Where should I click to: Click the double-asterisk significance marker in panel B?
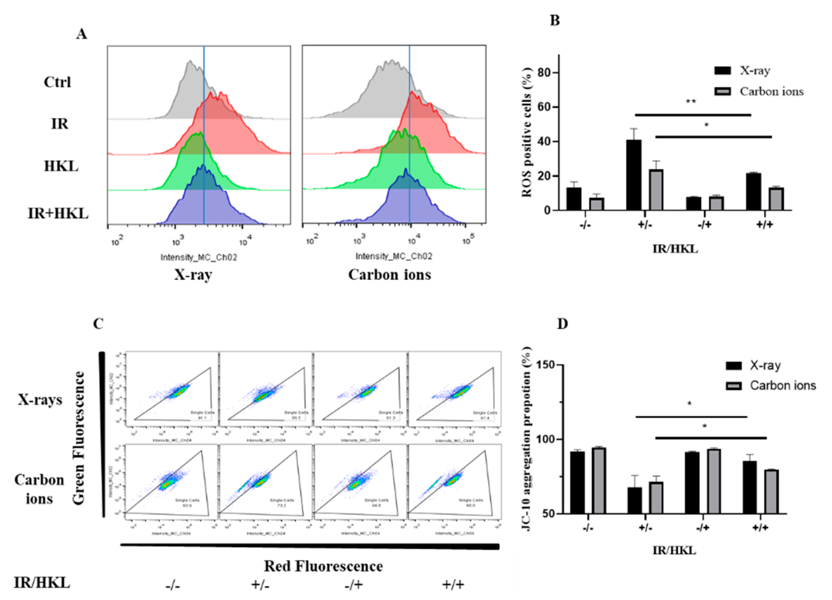click(691, 102)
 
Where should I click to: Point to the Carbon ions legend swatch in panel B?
click(722, 91)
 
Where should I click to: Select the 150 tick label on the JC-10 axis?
click(545, 365)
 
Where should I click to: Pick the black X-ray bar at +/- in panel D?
click(635, 500)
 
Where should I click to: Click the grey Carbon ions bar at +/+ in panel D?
click(771, 491)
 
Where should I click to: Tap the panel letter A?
click(82, 34)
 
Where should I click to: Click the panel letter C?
click(98, 324)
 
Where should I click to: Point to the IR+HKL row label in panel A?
click(58, 213)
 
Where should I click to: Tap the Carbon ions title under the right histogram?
click(390, 275)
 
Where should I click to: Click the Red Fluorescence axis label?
click(323, 566)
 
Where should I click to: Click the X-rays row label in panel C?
click(40, 399)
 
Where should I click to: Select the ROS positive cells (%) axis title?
click(527, 132)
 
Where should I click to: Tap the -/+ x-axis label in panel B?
click(704, 224)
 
